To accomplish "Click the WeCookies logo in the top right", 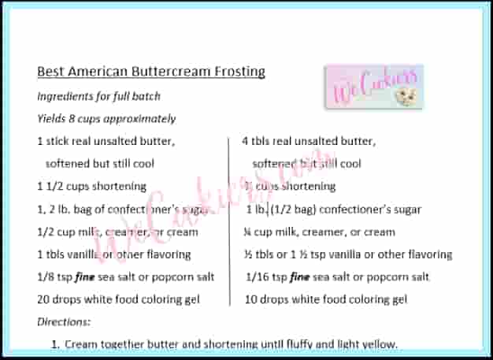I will (x=373, y=87).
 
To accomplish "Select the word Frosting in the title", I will (x=239, y=72).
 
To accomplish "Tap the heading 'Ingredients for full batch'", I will (x=98, y=96).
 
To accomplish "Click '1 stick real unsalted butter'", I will (x=106, y=142).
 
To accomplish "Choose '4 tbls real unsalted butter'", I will (x=309, y=142).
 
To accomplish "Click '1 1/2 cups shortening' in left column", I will (x=91, y=187).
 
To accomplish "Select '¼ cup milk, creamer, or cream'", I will (x=319, y=232).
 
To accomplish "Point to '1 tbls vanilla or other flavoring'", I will (x=113, y=254).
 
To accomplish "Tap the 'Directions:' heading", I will (x=64, y=321).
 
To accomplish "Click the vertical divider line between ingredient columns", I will (x=229, y=221).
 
